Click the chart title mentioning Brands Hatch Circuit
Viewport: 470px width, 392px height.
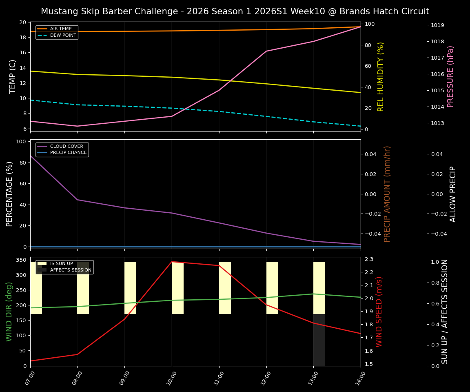235,11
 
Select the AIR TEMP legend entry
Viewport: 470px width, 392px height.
60,29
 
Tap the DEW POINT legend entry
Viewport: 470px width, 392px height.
63,36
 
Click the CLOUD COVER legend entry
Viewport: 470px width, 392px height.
67,146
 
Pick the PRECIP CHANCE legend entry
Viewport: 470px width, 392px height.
68,153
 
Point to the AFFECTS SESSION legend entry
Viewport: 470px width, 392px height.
71,270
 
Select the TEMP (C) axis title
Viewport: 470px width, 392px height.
13,76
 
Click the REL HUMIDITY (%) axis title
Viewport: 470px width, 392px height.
381,76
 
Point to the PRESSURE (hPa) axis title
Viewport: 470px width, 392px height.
450,76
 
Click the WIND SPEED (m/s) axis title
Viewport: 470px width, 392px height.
379,312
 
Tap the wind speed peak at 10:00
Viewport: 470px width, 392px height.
172,262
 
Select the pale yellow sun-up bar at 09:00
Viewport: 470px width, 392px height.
130,288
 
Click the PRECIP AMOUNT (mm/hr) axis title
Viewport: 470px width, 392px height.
388,194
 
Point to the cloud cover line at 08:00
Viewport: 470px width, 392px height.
78,200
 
